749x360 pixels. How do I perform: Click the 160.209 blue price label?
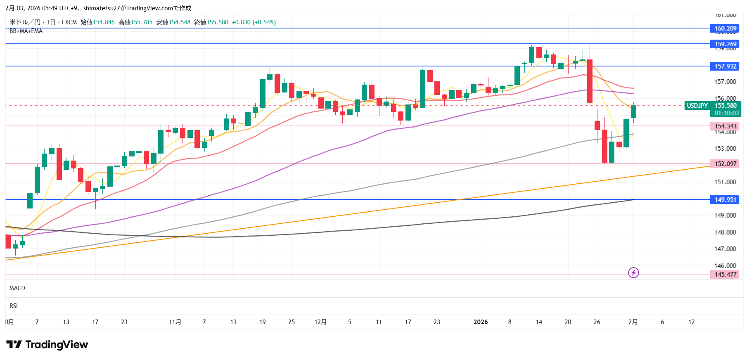tap(725, 28)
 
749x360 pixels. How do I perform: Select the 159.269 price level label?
tap(725, 44)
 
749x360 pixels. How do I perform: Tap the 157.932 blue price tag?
tap(725, 66)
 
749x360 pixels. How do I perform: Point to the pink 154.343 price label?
tap(725, 126)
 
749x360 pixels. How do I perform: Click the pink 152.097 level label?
tap(725, 164)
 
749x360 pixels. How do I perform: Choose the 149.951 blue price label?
tap(725, 200)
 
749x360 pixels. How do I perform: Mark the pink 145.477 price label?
tap(725, 275)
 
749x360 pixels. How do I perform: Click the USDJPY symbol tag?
tap(697, 106)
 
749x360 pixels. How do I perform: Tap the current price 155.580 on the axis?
tap(725, 106)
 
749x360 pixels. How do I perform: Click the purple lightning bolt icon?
tap(633, 272)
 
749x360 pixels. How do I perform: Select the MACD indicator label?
tap(17, 288)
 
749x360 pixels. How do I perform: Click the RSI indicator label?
tap(14, 306)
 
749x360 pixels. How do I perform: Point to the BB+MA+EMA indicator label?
tap(26, 31)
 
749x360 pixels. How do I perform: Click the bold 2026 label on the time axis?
tap(481, 322)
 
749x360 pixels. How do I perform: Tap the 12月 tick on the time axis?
tap(320, 322)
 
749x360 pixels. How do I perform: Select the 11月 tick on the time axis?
tap(175, 322)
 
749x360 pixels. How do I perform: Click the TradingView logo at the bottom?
tap(47, 345)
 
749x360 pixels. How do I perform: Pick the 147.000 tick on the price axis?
tap(725, 249)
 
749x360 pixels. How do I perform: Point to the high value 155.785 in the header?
tap(142, 22)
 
